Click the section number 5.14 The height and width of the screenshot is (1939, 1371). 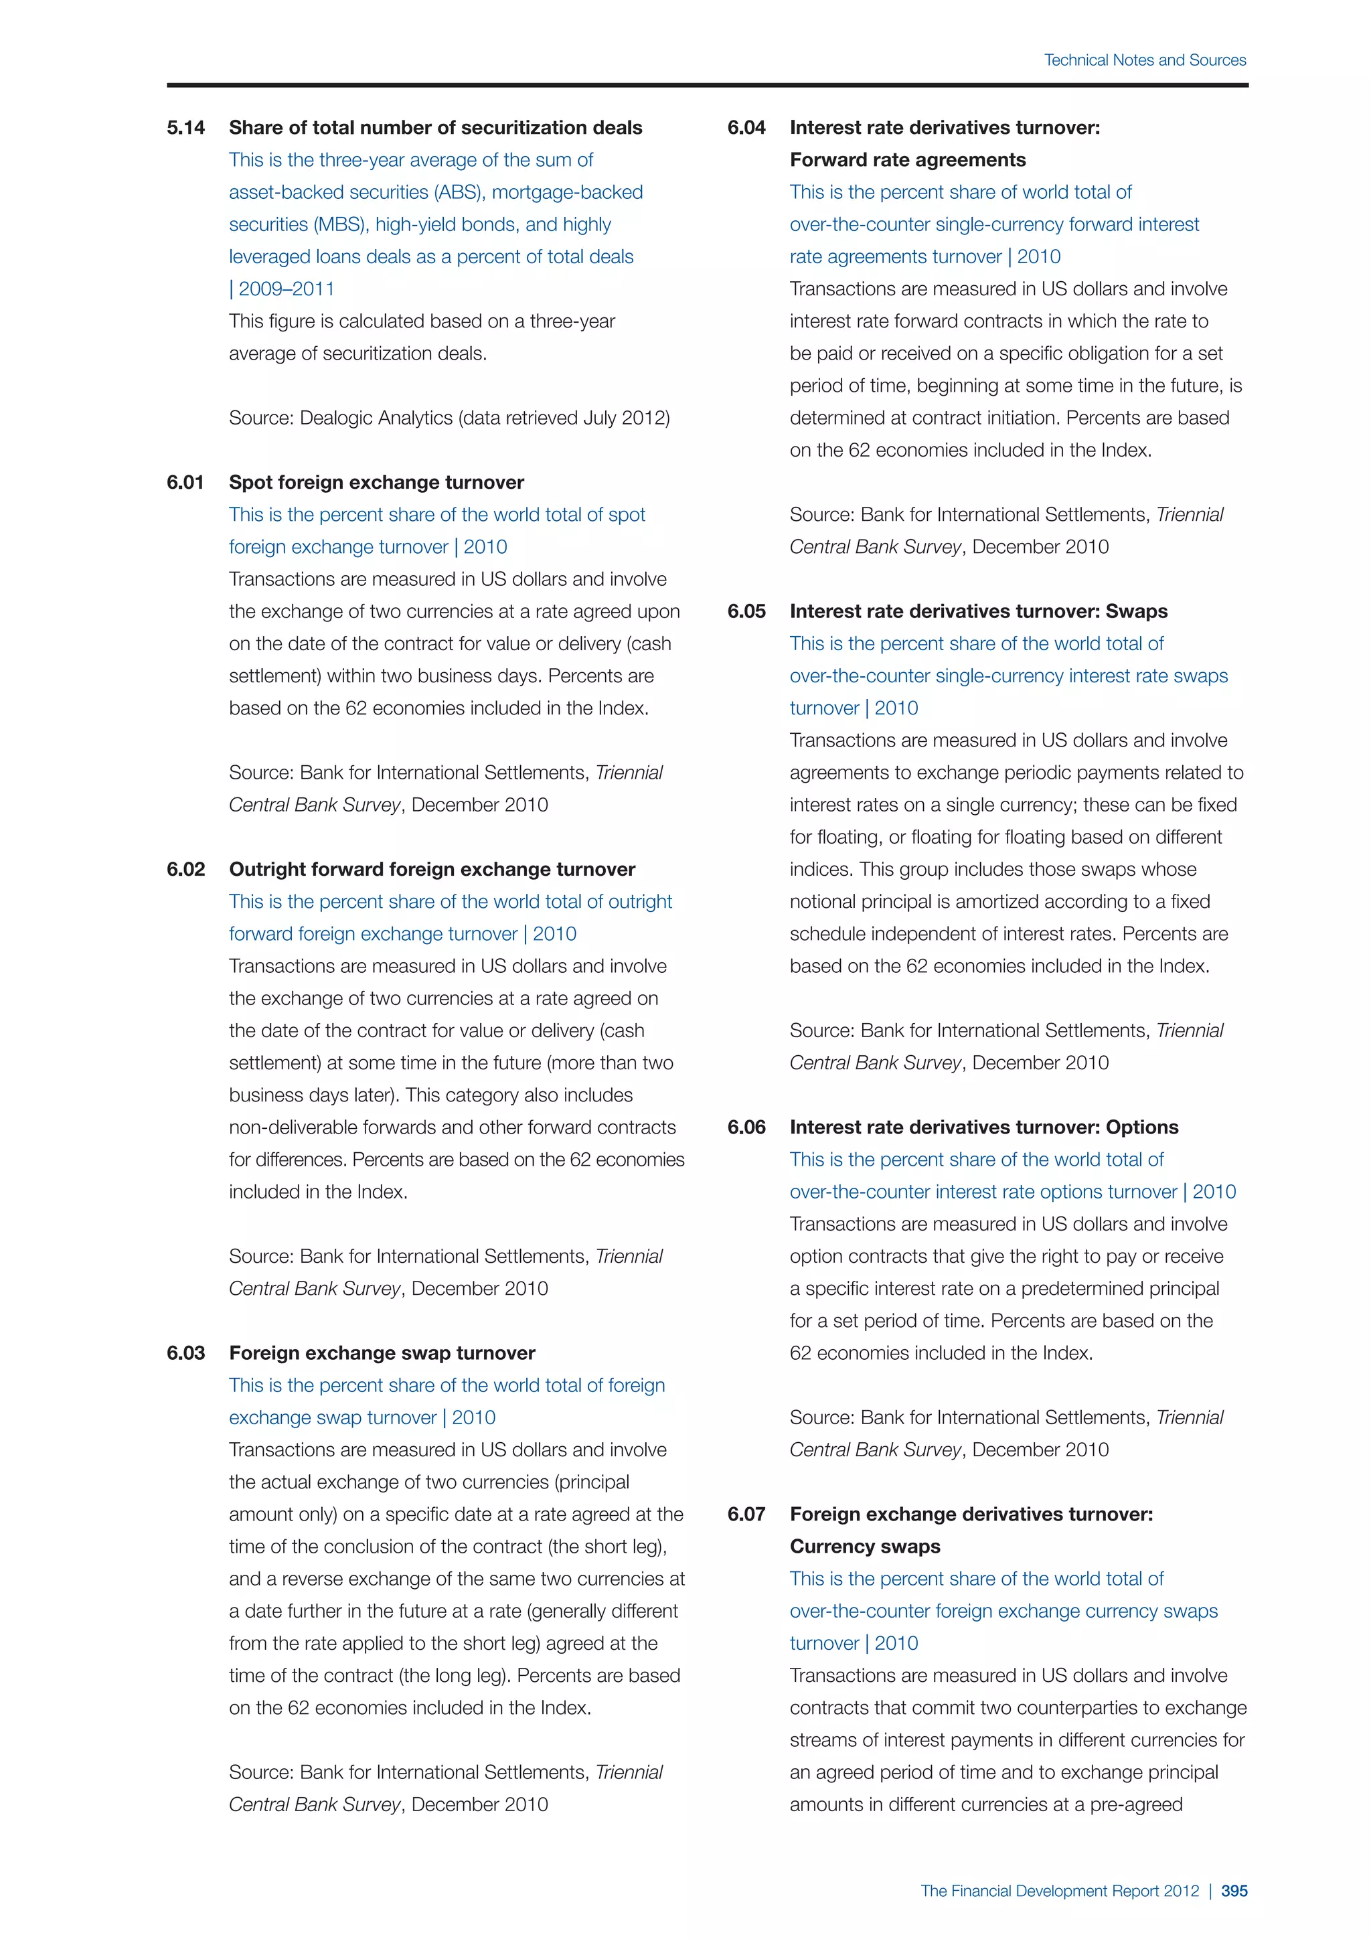coord(185,127)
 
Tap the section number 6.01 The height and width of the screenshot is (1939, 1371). coord(185,482)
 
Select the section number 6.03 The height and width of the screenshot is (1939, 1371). coord(185,1353)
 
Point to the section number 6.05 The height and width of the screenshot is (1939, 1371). coord(746,611)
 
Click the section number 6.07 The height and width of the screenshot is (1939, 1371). coord(746,1515)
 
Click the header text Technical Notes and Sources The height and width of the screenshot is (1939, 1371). coord(1145,60)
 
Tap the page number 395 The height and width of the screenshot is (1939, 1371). coord(1234,1891)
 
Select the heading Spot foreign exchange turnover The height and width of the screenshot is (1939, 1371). coord(376,482)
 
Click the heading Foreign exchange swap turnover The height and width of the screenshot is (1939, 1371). coord(382,1353)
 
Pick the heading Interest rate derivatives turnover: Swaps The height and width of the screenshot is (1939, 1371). coord(979,611)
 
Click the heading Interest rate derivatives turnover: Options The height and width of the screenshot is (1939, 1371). coord(983,1128)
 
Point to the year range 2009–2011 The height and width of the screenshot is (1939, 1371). coord(287,289)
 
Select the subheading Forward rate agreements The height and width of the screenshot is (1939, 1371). coord(908,159)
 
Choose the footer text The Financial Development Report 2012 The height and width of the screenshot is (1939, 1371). coord(1060,1891)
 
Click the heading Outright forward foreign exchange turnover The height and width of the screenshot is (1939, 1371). coord(432,869)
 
